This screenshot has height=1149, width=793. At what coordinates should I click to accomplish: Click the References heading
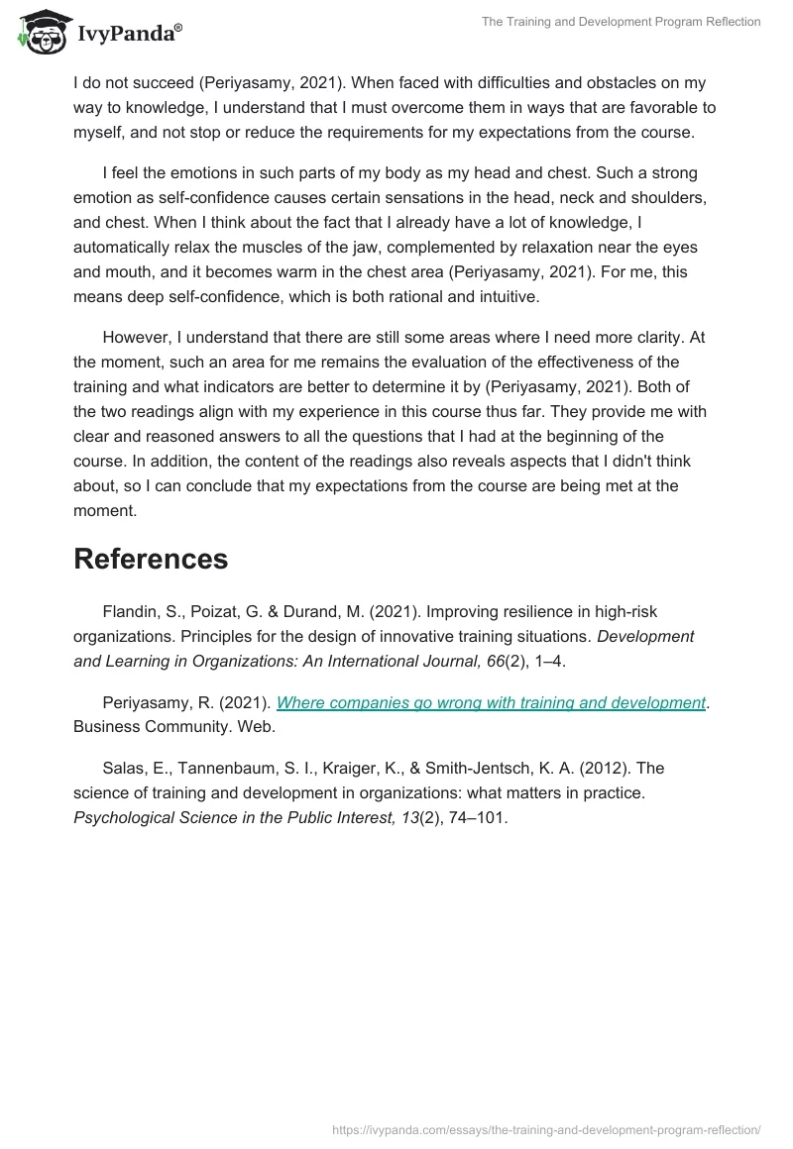(x=151, y=559)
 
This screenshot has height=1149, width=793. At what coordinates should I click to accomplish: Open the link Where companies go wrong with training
(x=491, y=702)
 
